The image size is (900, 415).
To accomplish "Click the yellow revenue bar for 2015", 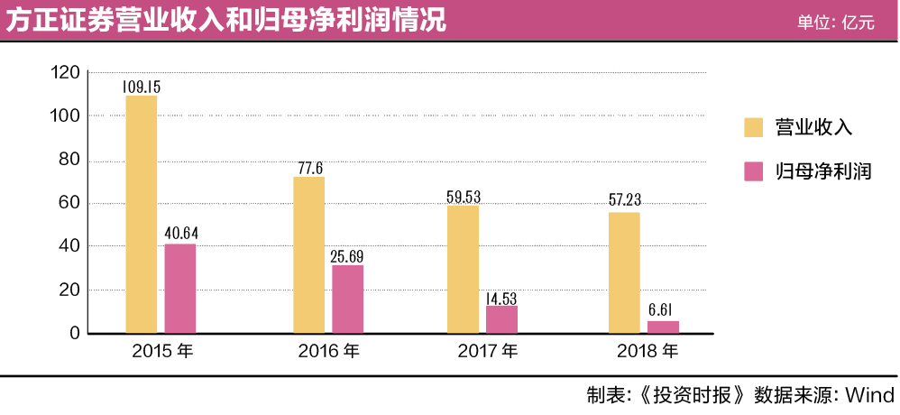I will [x=142, y=215].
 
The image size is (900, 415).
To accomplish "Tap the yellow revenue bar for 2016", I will [x=309, y=255].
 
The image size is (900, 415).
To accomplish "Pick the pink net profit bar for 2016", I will [x=347, y=300].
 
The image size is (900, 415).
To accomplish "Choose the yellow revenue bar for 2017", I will [x=464, y=270].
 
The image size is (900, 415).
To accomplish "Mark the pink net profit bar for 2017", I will [x=501, y=319].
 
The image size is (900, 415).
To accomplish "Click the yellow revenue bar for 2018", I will [x=624, y=272].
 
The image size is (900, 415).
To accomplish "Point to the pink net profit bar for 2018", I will [x=663, y=327].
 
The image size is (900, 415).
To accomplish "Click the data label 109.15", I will [x=142, y=87].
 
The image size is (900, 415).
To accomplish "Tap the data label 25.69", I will [x=347, y=256].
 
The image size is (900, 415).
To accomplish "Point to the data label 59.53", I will [x=464, y=197].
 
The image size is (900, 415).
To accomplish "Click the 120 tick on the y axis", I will [x=67, y=73].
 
